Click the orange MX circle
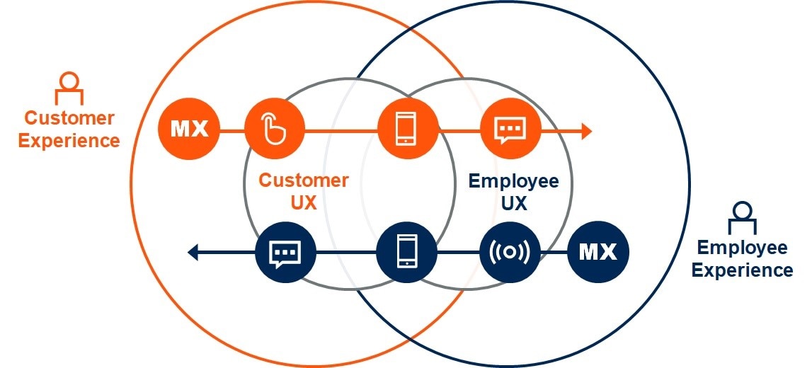coord(189,130)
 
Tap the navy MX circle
coord(597,252)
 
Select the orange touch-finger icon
coord(274,130)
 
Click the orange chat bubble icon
coord(510,130)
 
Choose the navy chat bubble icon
coord(285,252)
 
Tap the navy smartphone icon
coord(406,252)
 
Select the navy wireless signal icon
coord(510,252)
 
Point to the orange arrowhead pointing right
coord(585,130)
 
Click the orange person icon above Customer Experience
coord(69,88)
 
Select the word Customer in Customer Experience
coord(69,117)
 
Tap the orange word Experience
coord(69,140)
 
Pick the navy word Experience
coord(742,270)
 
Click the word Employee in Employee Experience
coord(742,248)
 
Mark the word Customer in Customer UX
coord(303,180)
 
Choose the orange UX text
coord(303,203)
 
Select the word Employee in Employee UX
coord(513,181)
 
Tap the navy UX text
coord(513,204)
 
